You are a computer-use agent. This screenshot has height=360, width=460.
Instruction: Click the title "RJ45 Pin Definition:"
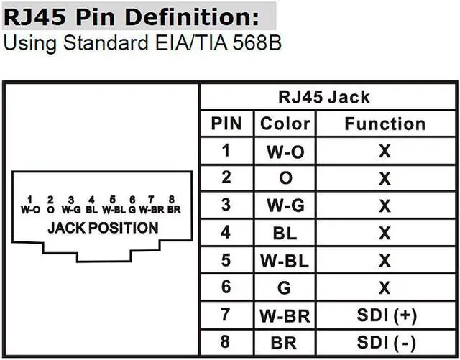point(139,15)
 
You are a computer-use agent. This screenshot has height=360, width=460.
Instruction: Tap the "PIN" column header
point(226,124)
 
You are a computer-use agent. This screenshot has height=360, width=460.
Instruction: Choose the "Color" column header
point(285,124)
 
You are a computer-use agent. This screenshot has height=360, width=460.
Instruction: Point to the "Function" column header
point(385,124)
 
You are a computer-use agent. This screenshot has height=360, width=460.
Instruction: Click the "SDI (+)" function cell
point(386,315)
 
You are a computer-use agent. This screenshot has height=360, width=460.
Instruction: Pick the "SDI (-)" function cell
point(386,341)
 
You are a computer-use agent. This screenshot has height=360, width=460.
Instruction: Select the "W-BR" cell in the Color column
point(285,315)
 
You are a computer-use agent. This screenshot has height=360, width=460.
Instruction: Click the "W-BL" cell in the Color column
point(285,260)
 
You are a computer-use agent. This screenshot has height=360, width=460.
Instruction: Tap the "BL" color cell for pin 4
point(285,233)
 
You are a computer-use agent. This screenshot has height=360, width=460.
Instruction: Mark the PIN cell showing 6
point(226,287)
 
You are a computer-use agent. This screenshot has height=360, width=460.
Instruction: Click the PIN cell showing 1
point(226,151)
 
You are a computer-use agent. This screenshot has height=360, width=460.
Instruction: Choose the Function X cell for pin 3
point(385,206)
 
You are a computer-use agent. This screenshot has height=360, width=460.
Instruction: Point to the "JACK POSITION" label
point(102,229)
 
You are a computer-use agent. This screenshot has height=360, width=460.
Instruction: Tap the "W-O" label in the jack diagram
point(30,211)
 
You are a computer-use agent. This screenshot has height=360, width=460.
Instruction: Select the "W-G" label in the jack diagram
point(70,211)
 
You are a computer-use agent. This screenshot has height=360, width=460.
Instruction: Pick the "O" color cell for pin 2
point(285,178)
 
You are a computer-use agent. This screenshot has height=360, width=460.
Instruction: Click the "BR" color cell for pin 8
point(285,341)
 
